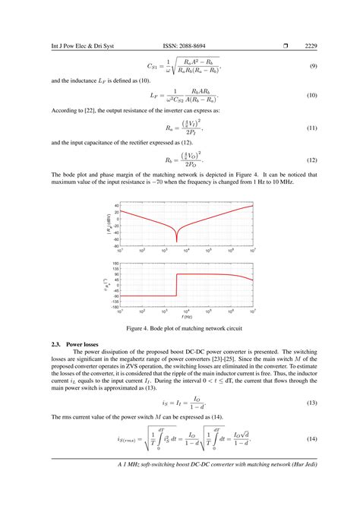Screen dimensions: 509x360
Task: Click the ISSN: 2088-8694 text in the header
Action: pos(180,47)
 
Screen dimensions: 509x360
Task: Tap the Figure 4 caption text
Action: pos(180,328)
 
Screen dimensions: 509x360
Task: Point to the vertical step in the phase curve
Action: pos(176,285)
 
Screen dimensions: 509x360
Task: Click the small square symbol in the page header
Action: pos(285,47)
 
